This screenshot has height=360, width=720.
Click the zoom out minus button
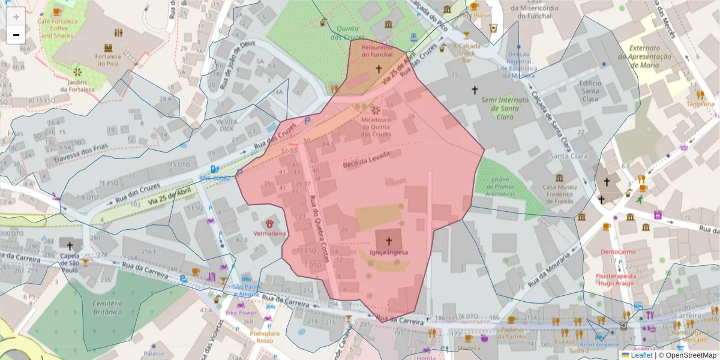click(x=16, y=34)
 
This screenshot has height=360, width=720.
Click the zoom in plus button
click(x=16, y=16)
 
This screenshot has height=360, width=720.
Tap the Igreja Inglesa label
click(x=389, y=253)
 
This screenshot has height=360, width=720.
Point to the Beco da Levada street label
click(x=366, y=160)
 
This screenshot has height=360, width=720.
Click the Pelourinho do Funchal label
click(x=377, y=50)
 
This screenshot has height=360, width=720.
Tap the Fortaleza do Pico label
click(x=108, y=59)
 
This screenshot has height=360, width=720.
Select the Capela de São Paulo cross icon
click(x=70, y=245)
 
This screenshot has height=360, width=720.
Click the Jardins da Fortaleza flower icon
click(x=77, y=72)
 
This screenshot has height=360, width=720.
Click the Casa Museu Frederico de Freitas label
click(x=559, y=194)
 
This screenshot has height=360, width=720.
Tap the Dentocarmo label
click(x=617, y=252)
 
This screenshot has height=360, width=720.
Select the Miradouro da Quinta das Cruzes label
click(x=376, y=127)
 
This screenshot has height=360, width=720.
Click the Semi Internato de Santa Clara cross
click(x=475, y=90)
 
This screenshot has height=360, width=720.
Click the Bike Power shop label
click(x=241, y=313)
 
